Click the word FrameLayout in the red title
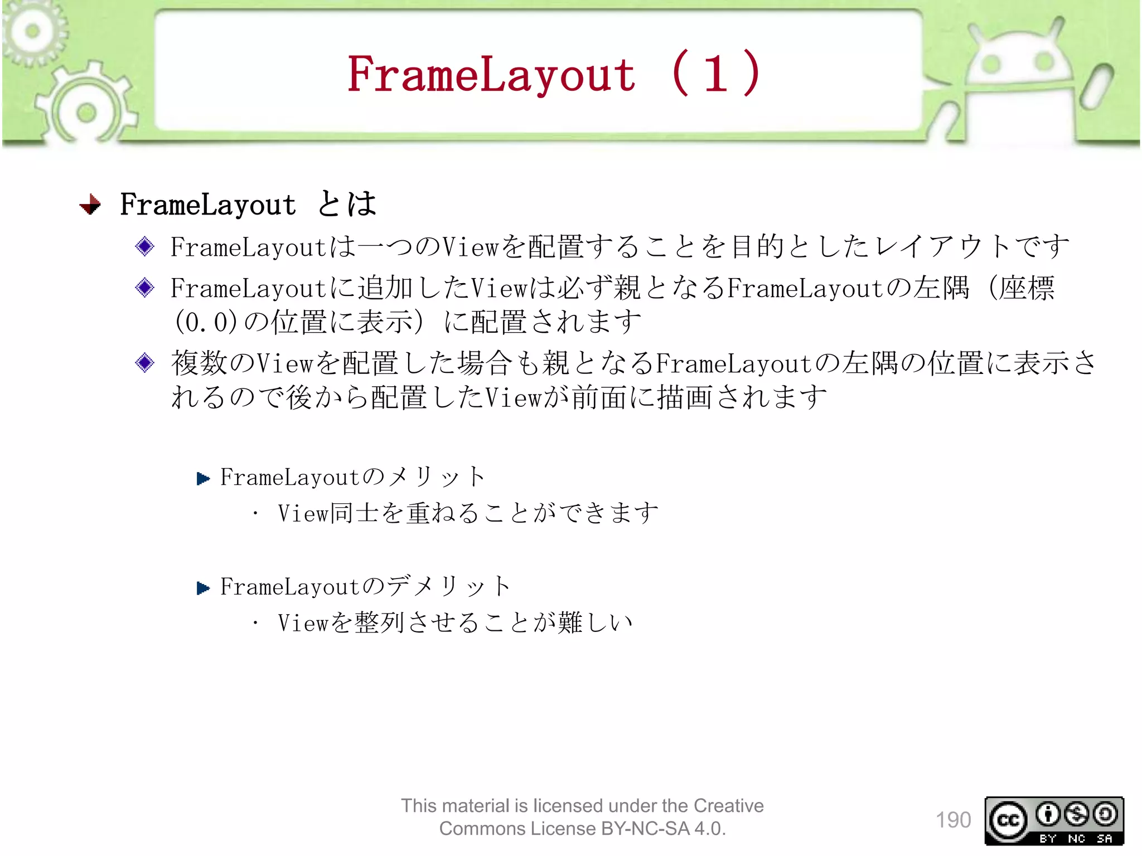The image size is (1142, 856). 491,75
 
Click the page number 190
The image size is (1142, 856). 953,820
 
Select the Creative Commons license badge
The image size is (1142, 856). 1054,820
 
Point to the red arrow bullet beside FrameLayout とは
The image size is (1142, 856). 90,205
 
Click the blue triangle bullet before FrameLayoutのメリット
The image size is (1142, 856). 203,478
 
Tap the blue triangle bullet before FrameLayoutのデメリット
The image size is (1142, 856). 203,587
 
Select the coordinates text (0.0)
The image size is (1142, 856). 206,322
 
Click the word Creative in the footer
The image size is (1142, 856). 728,805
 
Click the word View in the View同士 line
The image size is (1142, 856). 303,513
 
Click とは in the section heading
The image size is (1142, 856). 347,204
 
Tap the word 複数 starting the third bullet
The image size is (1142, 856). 199,363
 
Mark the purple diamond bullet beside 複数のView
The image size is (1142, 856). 145,363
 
